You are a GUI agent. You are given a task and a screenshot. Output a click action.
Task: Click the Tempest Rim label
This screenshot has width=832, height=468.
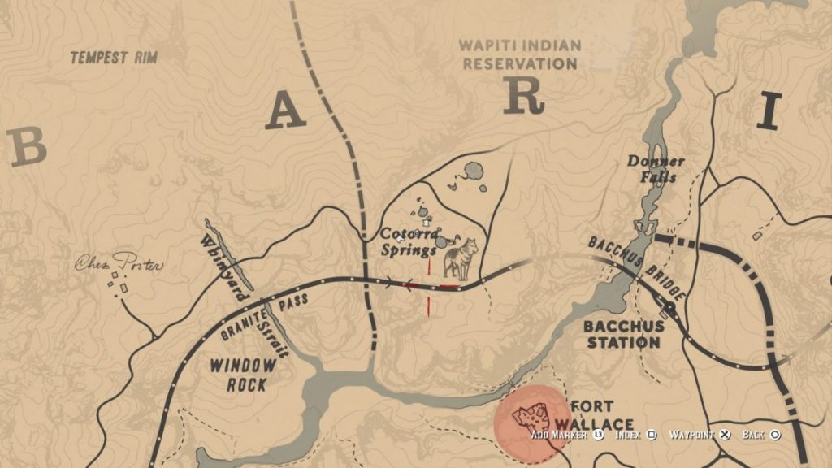coord(113,58)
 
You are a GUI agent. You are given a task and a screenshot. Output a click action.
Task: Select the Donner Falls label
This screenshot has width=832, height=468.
coord(656,168)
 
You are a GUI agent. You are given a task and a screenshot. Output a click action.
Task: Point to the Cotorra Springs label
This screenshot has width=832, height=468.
coord(410,241)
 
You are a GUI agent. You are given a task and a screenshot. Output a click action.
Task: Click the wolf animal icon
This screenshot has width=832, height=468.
coord(460,258)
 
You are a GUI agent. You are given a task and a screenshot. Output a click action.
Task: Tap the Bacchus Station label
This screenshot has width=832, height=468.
coord(623,334)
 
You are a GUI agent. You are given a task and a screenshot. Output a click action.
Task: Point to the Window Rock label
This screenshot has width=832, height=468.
coord(243,375)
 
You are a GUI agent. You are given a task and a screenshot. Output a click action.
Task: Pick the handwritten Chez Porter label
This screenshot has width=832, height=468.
coord(119,264)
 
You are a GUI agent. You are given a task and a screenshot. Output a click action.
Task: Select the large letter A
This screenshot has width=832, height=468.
coord(286,111)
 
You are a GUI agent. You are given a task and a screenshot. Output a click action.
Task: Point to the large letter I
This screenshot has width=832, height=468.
coord(769,111)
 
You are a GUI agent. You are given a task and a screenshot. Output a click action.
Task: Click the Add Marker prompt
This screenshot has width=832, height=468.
coord(565,435)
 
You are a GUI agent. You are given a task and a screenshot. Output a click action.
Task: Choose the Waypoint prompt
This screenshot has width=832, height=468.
coord(699,435)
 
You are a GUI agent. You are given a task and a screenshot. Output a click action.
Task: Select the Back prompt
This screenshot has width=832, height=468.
coord(760,435)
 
